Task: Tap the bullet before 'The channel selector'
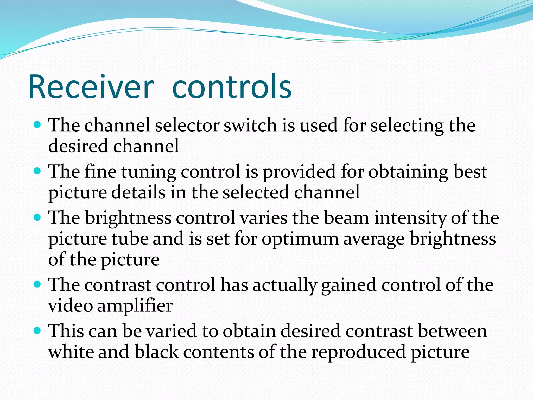(38, 125)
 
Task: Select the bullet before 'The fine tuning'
(38, 171)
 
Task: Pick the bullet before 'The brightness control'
(38, 217)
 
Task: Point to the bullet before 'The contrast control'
(38, 284)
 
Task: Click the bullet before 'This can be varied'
(38, 331)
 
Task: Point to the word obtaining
(408, 172)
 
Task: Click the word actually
(284, 285)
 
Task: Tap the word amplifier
(135, 306)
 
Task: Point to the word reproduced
(359, 352)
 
